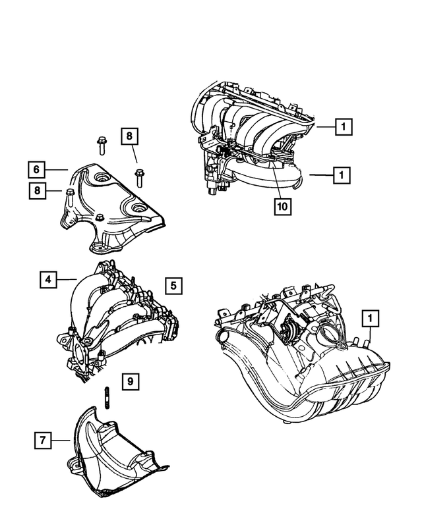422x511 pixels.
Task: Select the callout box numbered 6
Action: tap(38, 170)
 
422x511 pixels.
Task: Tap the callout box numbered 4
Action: tap(47, 280)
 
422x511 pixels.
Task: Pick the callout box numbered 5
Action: tap(173, 285)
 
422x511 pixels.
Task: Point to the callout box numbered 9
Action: tap(130, 381)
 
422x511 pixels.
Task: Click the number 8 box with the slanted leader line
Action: tap(129, 137)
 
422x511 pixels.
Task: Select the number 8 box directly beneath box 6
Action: tap(38, 191)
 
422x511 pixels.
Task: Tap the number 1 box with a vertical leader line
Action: tap(371, 319)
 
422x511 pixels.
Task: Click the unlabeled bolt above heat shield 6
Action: tap(101, 143)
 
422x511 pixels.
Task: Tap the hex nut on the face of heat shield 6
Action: tap(98, 219)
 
